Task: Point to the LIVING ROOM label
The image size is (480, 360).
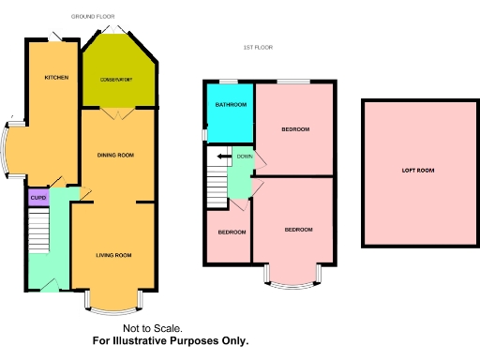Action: (113, 254)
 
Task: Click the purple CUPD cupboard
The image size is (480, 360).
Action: (37, 198)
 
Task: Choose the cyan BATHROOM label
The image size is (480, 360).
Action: (230, 105)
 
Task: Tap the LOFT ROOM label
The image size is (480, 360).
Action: (418, 171)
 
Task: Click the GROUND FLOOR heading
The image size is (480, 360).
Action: (94, 17)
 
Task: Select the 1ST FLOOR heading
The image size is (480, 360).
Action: (257, 46)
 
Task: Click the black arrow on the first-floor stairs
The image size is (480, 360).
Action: (223, 157)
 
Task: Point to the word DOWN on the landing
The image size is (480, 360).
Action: (244, 156)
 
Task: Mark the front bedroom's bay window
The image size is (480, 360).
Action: (297, 276)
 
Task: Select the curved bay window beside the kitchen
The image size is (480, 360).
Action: (9, 150)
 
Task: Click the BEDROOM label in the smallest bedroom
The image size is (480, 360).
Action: (231, 232)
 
